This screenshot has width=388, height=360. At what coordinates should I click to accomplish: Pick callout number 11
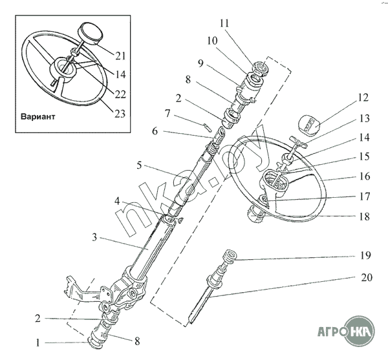(224, 24)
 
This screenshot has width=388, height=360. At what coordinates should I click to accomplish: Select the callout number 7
(167, 114)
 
